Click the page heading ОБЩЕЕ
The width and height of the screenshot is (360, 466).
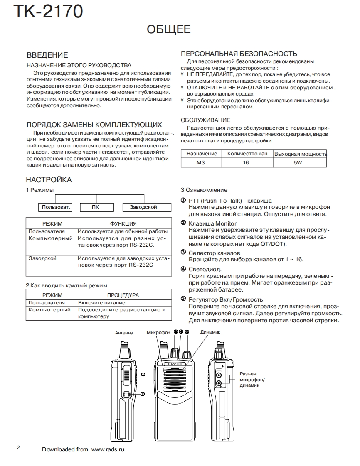coord(169,29)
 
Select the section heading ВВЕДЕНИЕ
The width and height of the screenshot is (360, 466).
coord(47,55)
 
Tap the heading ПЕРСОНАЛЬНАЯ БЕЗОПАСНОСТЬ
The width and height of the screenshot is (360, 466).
coord(239,54)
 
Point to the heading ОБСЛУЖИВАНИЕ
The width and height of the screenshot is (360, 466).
coord(205,120)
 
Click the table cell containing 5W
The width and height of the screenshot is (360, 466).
coord(298,163)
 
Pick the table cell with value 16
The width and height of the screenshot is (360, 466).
coord(246,163)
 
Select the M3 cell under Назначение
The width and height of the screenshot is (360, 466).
coord(201,163)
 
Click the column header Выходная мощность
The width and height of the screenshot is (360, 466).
coord(300,154)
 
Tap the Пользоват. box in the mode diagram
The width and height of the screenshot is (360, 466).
coord(55,207)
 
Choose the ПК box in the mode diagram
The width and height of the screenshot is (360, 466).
coord(96,207)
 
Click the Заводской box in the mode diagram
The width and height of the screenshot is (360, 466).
coord(143,207)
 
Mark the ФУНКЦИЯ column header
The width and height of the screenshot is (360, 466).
coord(123,223)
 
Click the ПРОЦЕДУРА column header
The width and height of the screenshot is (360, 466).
coord(123,295)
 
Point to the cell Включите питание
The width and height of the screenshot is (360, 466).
coord(101,303)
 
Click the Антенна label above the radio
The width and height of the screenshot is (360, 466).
coord(124,333)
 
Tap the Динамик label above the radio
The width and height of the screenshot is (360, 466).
coord(210,332)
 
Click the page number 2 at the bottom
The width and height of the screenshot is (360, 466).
coord(18,448)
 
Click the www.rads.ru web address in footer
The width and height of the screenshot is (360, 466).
coord(108,449)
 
